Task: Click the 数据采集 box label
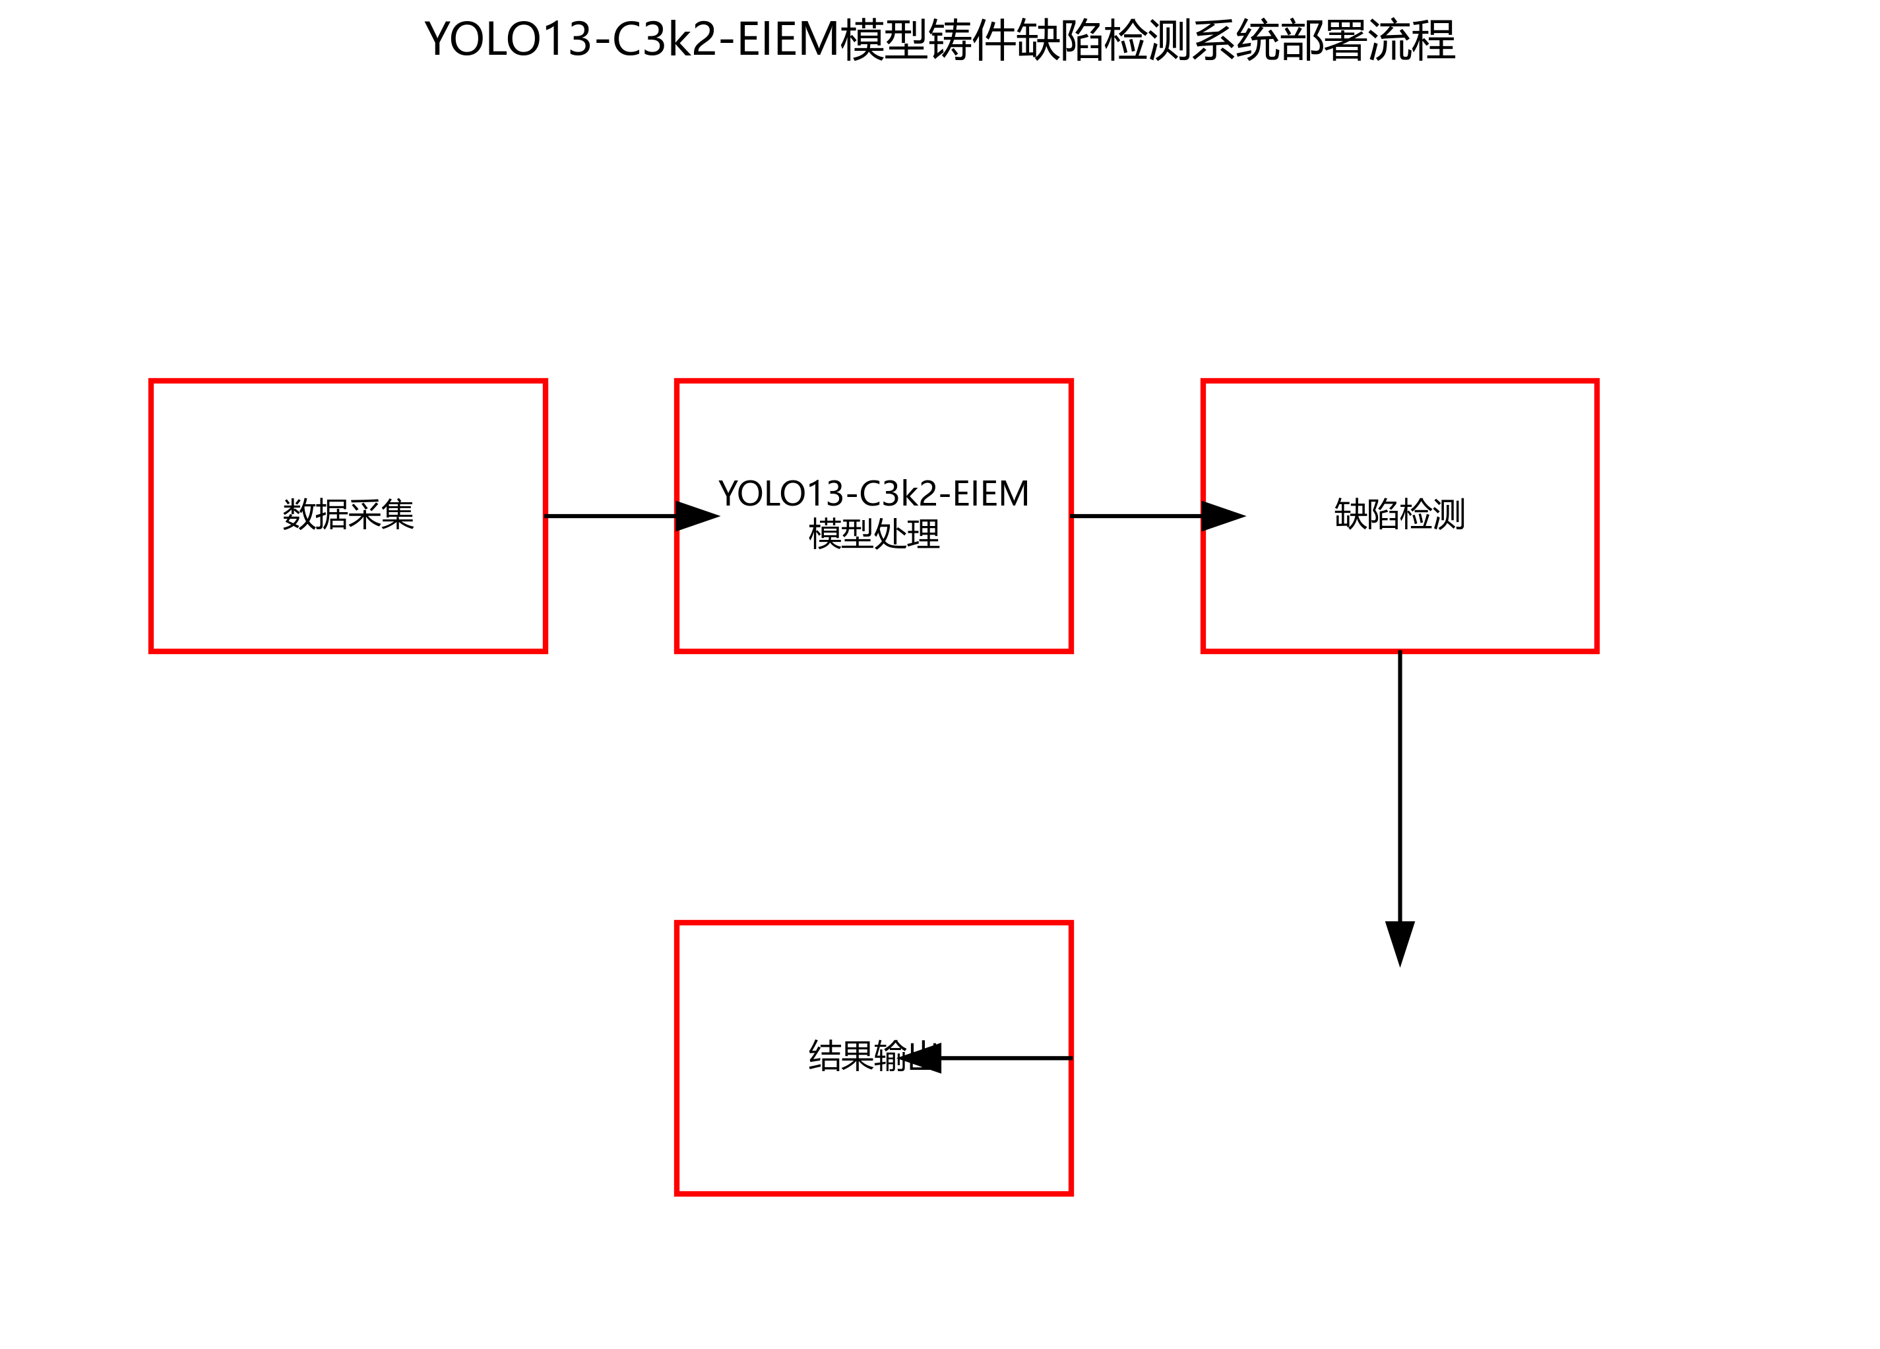[348, 515]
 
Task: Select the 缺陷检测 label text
[1399, 515]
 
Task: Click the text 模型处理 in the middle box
[873, 534]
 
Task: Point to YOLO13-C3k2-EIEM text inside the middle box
[873, 494]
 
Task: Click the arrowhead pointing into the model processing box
[697, 515]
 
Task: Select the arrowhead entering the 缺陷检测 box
[1222, 515]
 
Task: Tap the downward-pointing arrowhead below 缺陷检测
[1400, 942]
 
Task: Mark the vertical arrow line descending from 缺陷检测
[1400, 787]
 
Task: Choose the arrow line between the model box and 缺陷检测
[1136, 515]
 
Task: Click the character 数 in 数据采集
[298, 515]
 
